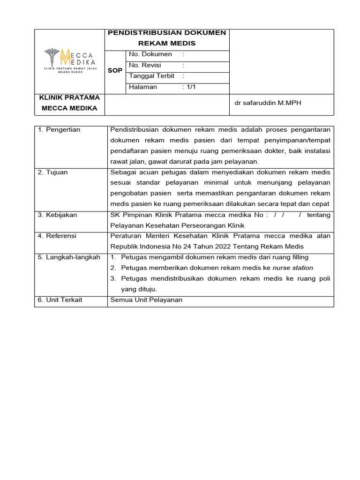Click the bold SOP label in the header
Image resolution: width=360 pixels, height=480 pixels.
click(x=115, y=70)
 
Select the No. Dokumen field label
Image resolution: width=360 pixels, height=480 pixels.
click(x=150, y=54)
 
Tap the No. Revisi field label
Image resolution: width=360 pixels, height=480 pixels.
click(x=145, y=66)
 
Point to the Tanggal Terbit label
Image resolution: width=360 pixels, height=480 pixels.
click(x=151, y=76)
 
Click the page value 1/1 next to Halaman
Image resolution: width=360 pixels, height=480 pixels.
click(x=190, y=87)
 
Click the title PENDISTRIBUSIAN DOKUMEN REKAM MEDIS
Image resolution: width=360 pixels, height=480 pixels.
click(x=167, y=38)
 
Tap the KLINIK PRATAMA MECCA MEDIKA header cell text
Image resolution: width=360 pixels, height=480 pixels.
click(x=69, y=103)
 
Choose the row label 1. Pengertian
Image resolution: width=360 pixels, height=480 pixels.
click(x=59, y=130)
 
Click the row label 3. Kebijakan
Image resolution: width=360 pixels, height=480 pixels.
click(x=58, y=215)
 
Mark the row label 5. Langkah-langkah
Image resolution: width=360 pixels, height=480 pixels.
click(x=69, y=257)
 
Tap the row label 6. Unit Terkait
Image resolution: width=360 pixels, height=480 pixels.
click(x=60, y=300)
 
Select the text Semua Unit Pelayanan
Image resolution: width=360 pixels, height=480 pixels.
click(x=146, y=300)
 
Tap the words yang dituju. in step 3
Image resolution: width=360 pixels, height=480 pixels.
click(x=139, y=289)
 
